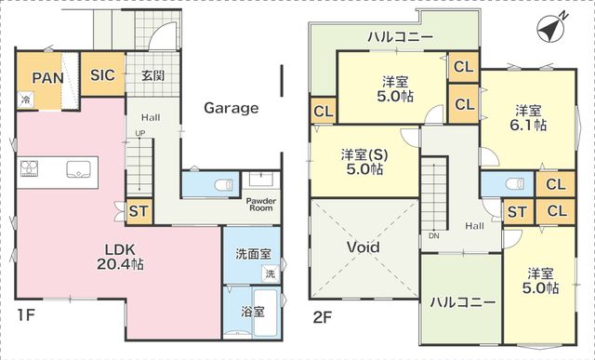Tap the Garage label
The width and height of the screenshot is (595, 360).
coord(231,108)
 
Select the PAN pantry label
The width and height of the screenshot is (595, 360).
coord(47,78)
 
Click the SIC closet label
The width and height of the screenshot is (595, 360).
coord(102,74)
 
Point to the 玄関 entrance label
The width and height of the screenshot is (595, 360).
coord(152,75)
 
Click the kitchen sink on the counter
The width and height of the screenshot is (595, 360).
coord(78,169)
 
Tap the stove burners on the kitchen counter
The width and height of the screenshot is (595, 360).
coord(29,168)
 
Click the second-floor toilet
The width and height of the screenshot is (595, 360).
coord(519,183)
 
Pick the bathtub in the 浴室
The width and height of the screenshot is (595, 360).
coord(266,313)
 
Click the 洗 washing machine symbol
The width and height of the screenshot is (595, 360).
coord(271,273)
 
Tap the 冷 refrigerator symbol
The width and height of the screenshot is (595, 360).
coord(25,100)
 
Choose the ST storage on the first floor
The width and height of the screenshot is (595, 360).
coord(139,211)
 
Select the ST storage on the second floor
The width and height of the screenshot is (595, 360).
coord(518,212)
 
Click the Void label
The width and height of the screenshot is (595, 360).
coord(364,247)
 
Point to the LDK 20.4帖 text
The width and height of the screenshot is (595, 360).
coord(120,257)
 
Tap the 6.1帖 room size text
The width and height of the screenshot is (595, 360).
coord(528,125)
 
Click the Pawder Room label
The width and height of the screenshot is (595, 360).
coord(261,205)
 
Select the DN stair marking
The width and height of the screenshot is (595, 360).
coord(434,236)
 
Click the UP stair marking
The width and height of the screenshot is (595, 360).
coord(140,133)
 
